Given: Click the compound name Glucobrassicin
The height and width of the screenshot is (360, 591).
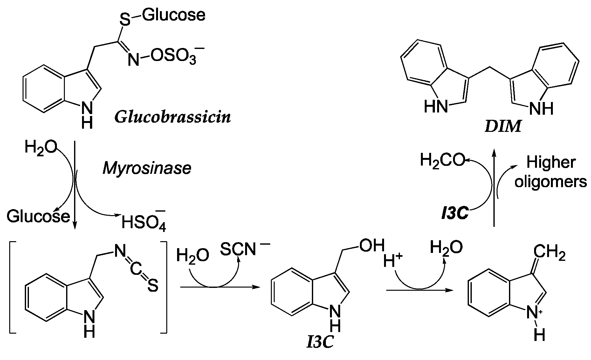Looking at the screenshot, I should (172, 117).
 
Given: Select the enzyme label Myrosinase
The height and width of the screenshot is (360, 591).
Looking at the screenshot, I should (147, 168).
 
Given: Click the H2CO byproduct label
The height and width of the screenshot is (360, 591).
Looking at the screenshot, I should (442, 160).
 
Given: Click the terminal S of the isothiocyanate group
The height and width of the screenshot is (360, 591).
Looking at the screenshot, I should (153, 287).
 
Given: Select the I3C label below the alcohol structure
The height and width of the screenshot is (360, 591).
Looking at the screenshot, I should (320, 343).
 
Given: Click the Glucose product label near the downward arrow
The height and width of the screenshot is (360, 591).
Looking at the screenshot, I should (38, 216).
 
